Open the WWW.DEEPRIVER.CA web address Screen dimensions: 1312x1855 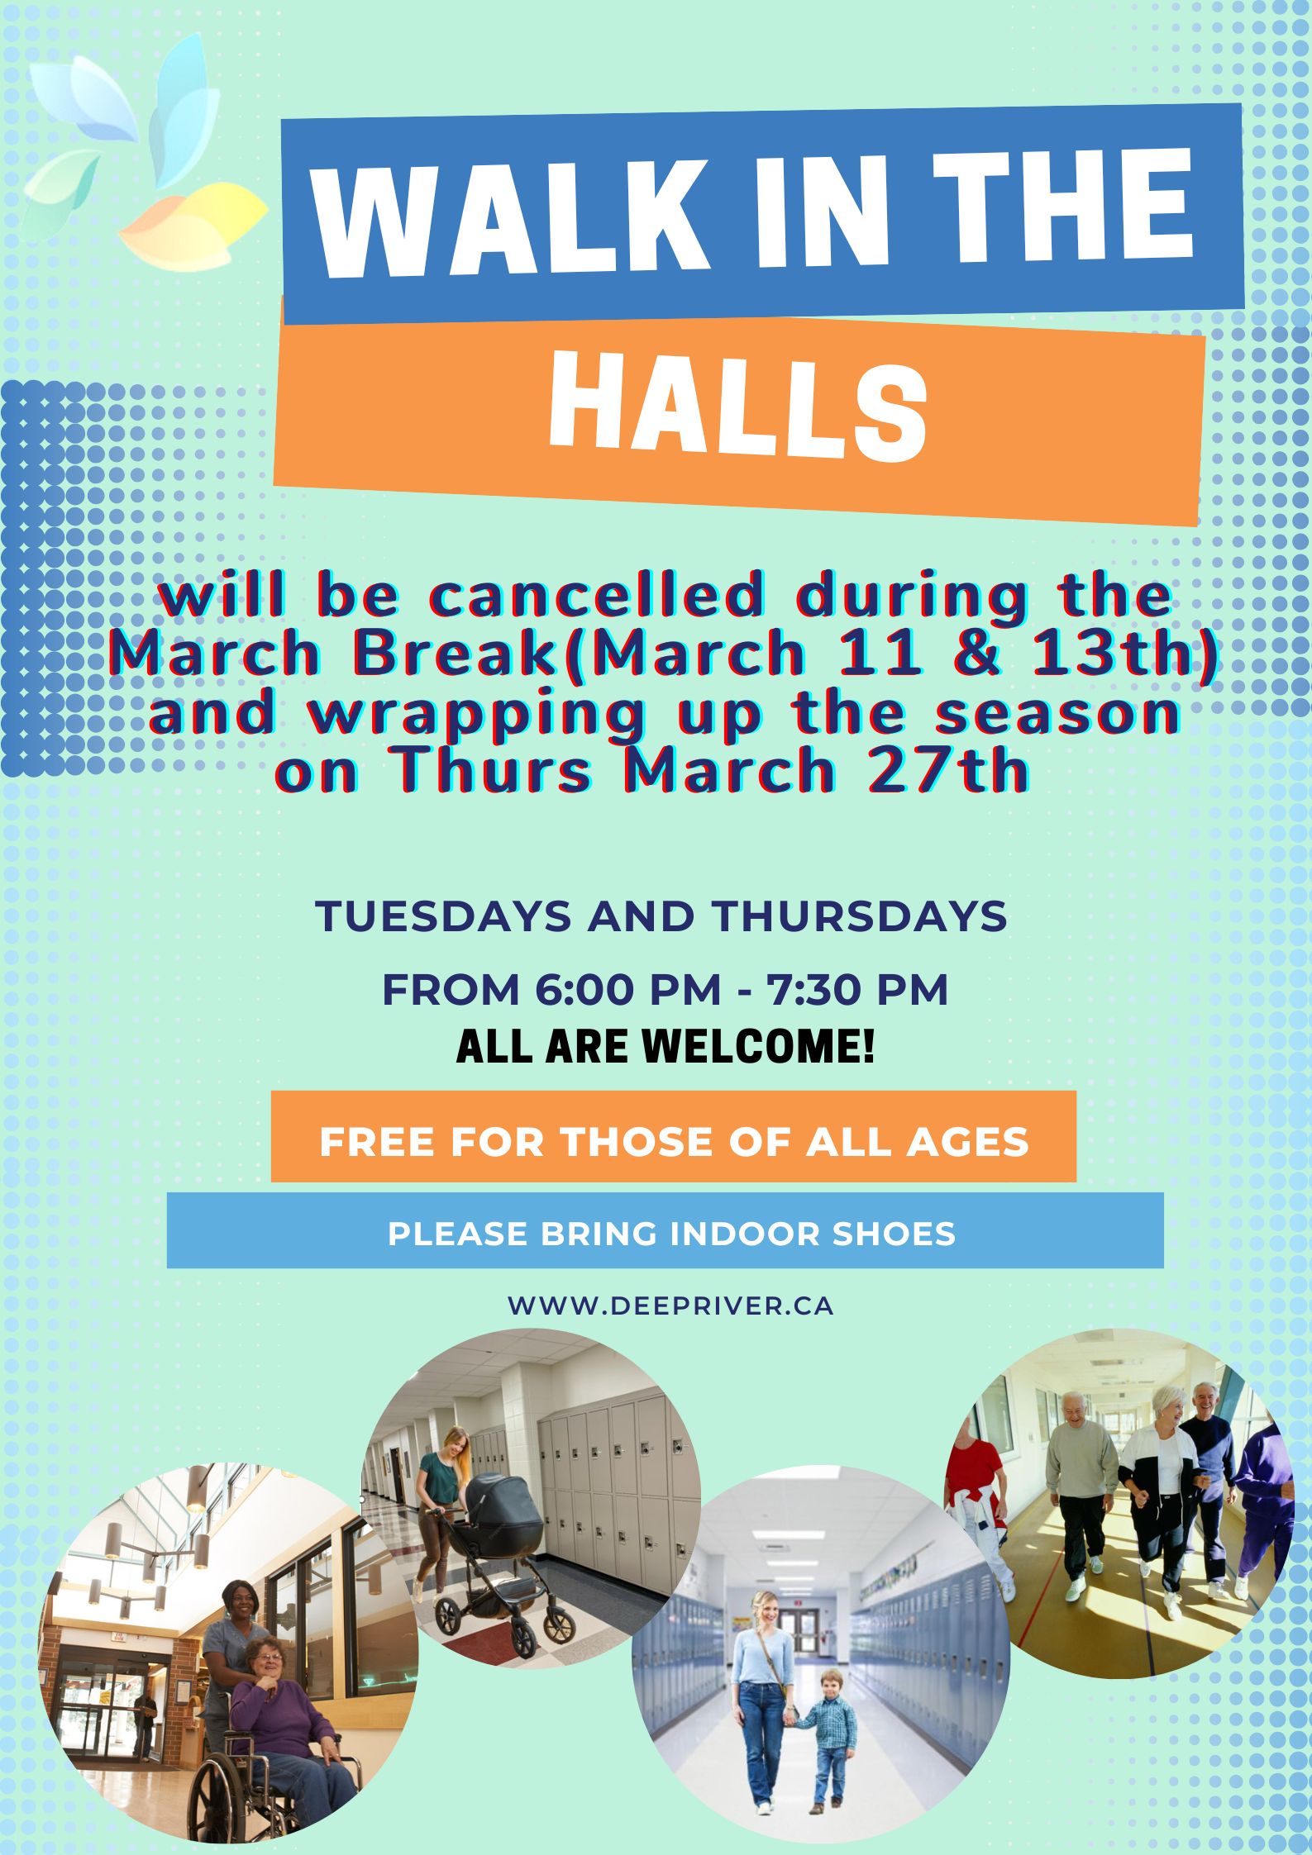coord(670,1306)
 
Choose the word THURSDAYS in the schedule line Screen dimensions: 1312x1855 coord(860,916)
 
